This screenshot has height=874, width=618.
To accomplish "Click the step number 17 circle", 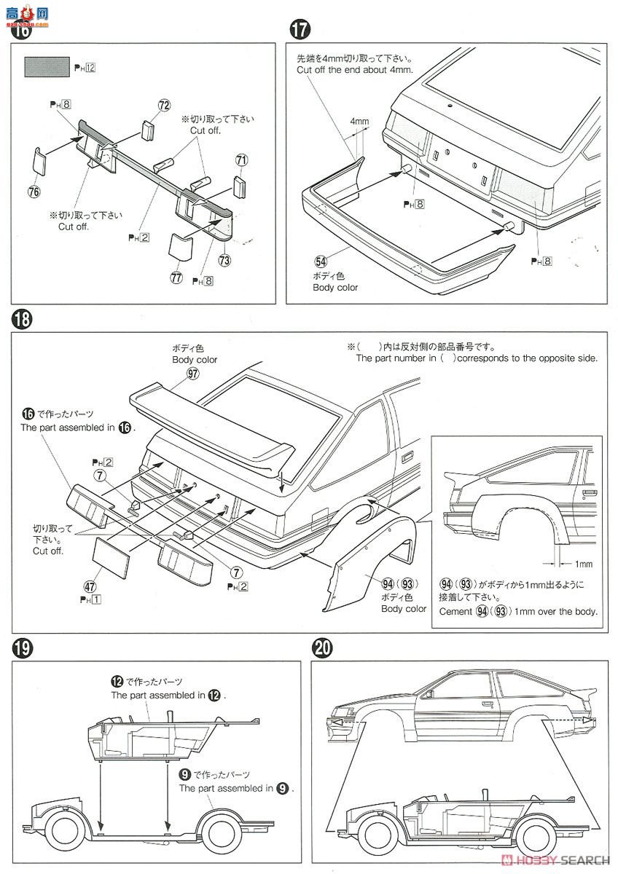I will pyautogui.click(x=300, y=30).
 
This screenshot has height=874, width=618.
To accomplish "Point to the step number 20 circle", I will pyautogui.click(x=321, y=647).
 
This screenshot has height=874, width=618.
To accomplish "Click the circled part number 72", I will pyautogui.click(x=164, y=106).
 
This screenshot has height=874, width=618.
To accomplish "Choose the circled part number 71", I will pyautogui.click(x=242, y=160).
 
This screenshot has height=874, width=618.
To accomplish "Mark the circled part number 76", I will pyautogui.click(x=34, y=192).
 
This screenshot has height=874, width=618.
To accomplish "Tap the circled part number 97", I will pyautogui.click(x=192, y=373).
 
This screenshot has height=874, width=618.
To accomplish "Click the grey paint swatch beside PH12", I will pyautogui.click(x=47, y=67).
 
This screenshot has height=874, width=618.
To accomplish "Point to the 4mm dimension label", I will pyautogui.click(x=359, y=121).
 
